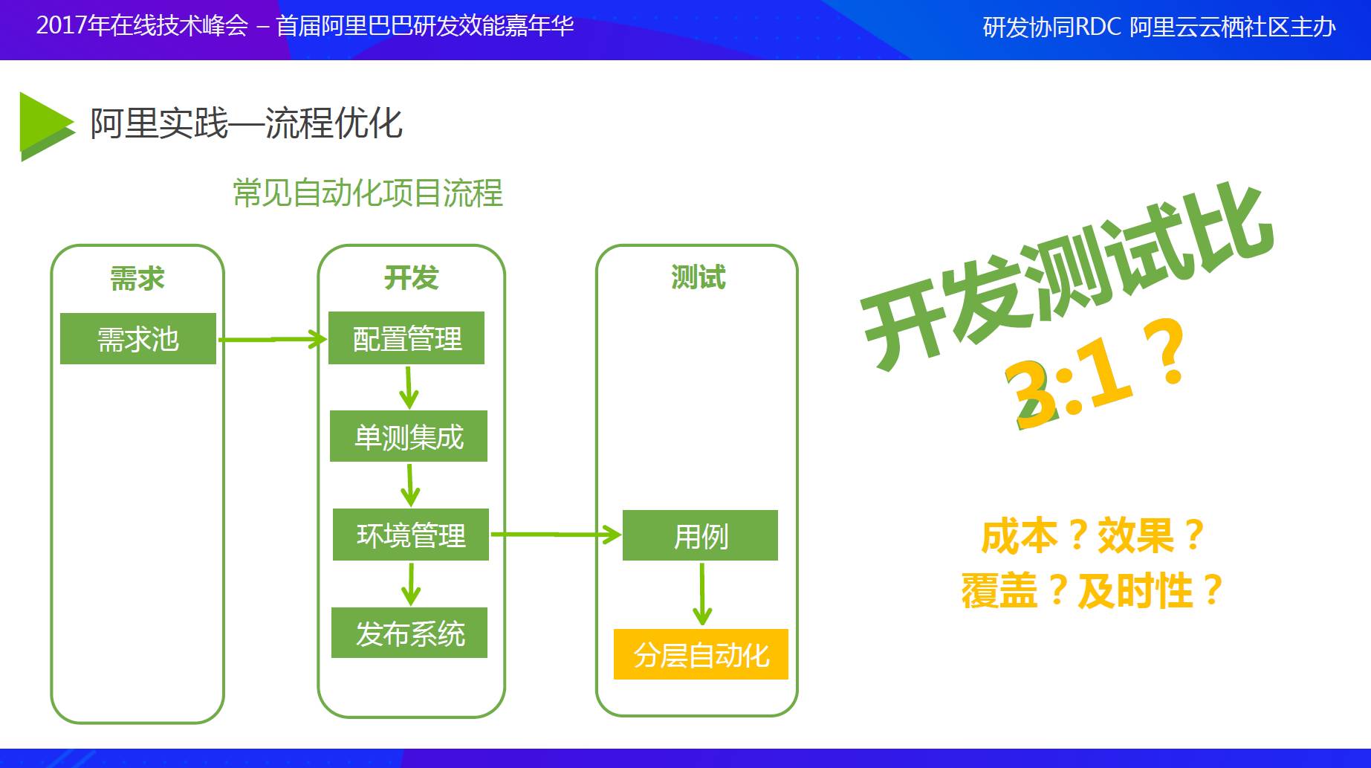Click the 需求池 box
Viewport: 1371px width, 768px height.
click(x=138, y=339)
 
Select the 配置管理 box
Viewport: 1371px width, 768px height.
click(x=406, y=338)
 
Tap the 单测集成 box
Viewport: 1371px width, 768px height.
click(x=409, y=436)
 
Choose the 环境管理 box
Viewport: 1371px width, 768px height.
click(x=411, y=535)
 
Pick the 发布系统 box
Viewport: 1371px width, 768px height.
click(x=409, y=633)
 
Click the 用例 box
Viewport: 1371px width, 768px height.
click(x=700, y=535)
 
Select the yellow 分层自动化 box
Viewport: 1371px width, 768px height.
click(x=701, y=654)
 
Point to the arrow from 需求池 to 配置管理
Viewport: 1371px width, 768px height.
click(x=272, y=340)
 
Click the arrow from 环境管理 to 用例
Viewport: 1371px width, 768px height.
click(x=556, y=535)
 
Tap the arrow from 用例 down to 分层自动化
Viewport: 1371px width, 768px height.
click(x=702, y=595)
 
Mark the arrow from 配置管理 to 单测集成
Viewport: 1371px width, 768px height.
click(x=408, y=387)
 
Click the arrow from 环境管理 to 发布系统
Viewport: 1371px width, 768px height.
click(x=411, y=584)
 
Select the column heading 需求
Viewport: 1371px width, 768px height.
click(x=137, y=279)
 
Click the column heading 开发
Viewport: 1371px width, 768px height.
click(x=411, y=278)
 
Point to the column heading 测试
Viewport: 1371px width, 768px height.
click(x=698, y=277)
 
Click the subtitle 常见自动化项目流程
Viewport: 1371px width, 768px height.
click(x=368, y=193)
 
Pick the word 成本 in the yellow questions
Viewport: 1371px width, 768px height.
click(x=1019, y=536)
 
